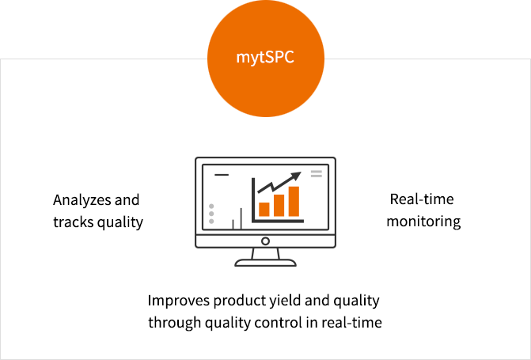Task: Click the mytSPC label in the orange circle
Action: tap(265, 57)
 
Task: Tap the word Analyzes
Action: tap(82, 200)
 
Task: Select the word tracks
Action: tap(74, 222)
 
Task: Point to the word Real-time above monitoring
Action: tap(422, 199)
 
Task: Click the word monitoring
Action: tap(423, 222)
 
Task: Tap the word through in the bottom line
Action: tap(174, 322)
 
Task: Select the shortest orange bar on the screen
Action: tap(264, 210)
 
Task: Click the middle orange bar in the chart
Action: tap(279, 205)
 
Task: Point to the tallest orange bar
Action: tap(294, 201)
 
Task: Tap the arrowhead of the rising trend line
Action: tap(296, 176)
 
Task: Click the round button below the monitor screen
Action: tap(266, 241)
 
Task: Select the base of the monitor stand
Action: tap(266, 263)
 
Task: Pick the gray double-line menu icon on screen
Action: tap(317, 174)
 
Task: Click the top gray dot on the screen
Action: tap(211, 207)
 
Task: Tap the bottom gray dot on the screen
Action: tap(211, 222)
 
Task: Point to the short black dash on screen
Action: tap(222, 175)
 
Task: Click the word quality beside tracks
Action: tap(120, 223)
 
